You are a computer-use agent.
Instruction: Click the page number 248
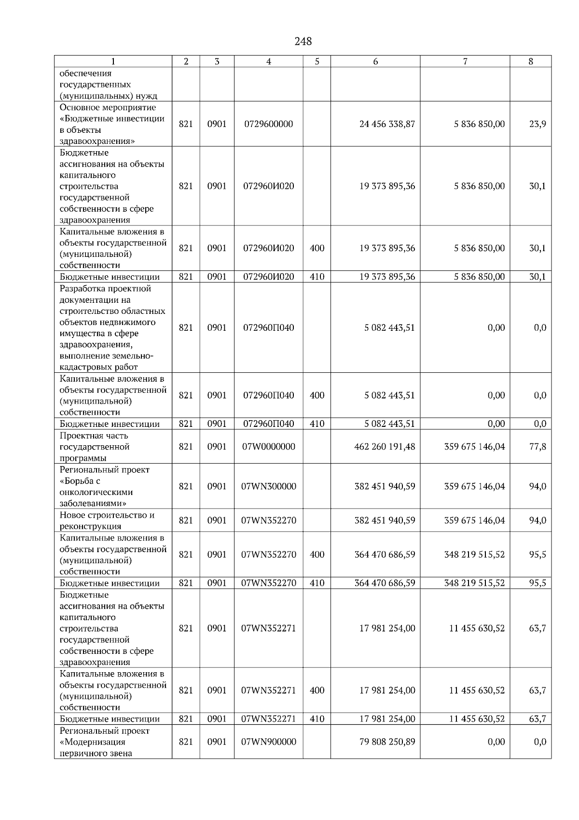pos(303,42)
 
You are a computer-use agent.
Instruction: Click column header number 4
pos(268,61)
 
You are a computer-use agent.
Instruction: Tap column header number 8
pos(530,61)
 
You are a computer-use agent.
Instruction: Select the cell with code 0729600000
pos(268,124)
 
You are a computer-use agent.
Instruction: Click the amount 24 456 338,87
pos(387,124)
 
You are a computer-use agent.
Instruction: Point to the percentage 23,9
pos(538,124)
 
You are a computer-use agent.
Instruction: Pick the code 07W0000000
pos(268,447)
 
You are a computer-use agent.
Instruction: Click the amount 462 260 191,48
pos(385,447)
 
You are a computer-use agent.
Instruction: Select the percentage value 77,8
pos(538,447)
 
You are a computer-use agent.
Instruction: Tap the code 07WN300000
pos(268,487)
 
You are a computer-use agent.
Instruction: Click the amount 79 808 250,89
pos(387,742)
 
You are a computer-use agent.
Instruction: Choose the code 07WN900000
pos(268,742)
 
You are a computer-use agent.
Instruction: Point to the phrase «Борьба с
pos(80,481)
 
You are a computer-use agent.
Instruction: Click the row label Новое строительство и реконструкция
pos(107,521)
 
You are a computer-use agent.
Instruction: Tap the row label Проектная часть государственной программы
pos(95,447)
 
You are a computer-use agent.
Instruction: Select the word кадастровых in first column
pos(83,367)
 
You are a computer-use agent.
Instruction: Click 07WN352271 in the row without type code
pos(268,628)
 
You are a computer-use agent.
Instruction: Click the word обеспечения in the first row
pos(85,73)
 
